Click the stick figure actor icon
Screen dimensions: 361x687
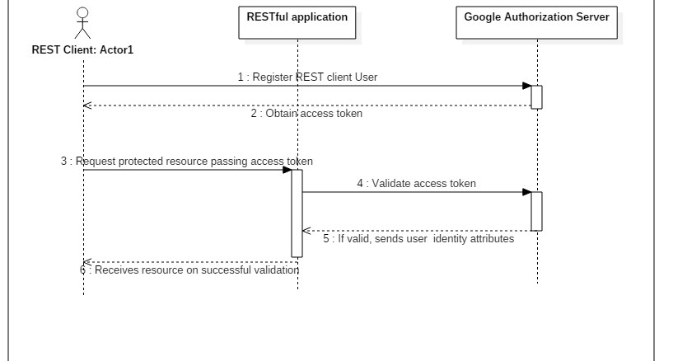coord(82,23)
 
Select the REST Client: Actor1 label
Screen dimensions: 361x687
coord(82,50)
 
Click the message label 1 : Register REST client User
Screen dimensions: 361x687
coord(307,77)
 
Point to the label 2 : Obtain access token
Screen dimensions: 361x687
coord(306,114)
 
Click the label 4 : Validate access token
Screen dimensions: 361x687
coord(416,184)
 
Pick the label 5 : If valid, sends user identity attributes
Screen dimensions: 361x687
coord(418,239)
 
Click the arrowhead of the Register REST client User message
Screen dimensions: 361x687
coord(526,86)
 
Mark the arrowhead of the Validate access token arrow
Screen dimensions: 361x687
coord(526,192)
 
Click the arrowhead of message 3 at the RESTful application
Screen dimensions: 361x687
coord(287,170)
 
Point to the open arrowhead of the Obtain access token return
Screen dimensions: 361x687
coord(87,105)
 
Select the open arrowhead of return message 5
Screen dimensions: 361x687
coord(307,231)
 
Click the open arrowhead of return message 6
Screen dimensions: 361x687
coord(87,262)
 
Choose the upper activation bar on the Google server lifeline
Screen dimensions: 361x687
coord(536,96)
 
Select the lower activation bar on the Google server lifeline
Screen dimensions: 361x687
coord(536,211)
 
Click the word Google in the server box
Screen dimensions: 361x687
coord(483,16)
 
